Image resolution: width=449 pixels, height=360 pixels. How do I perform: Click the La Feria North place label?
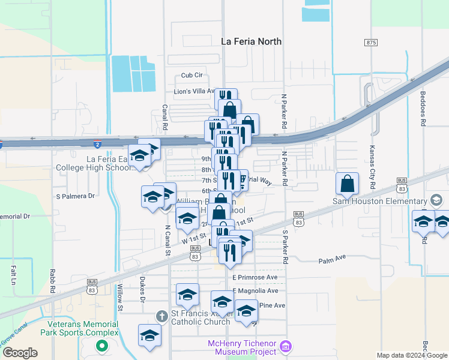coord(252,41)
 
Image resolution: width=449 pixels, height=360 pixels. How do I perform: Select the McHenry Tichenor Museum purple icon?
coord(286,346)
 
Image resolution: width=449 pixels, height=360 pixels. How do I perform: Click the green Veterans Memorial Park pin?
coord(102,346)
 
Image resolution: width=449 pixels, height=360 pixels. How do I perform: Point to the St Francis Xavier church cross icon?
coord(161,316)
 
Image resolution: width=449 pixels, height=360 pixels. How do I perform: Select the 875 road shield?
coord(370,42)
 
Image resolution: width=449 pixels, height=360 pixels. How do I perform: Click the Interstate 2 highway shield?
coord(97,144)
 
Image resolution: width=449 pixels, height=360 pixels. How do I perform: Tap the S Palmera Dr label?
coord(76,196)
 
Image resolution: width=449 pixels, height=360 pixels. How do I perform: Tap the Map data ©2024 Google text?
coord(411,355)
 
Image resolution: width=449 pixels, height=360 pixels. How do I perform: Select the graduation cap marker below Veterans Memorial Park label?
coord(149,336)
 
